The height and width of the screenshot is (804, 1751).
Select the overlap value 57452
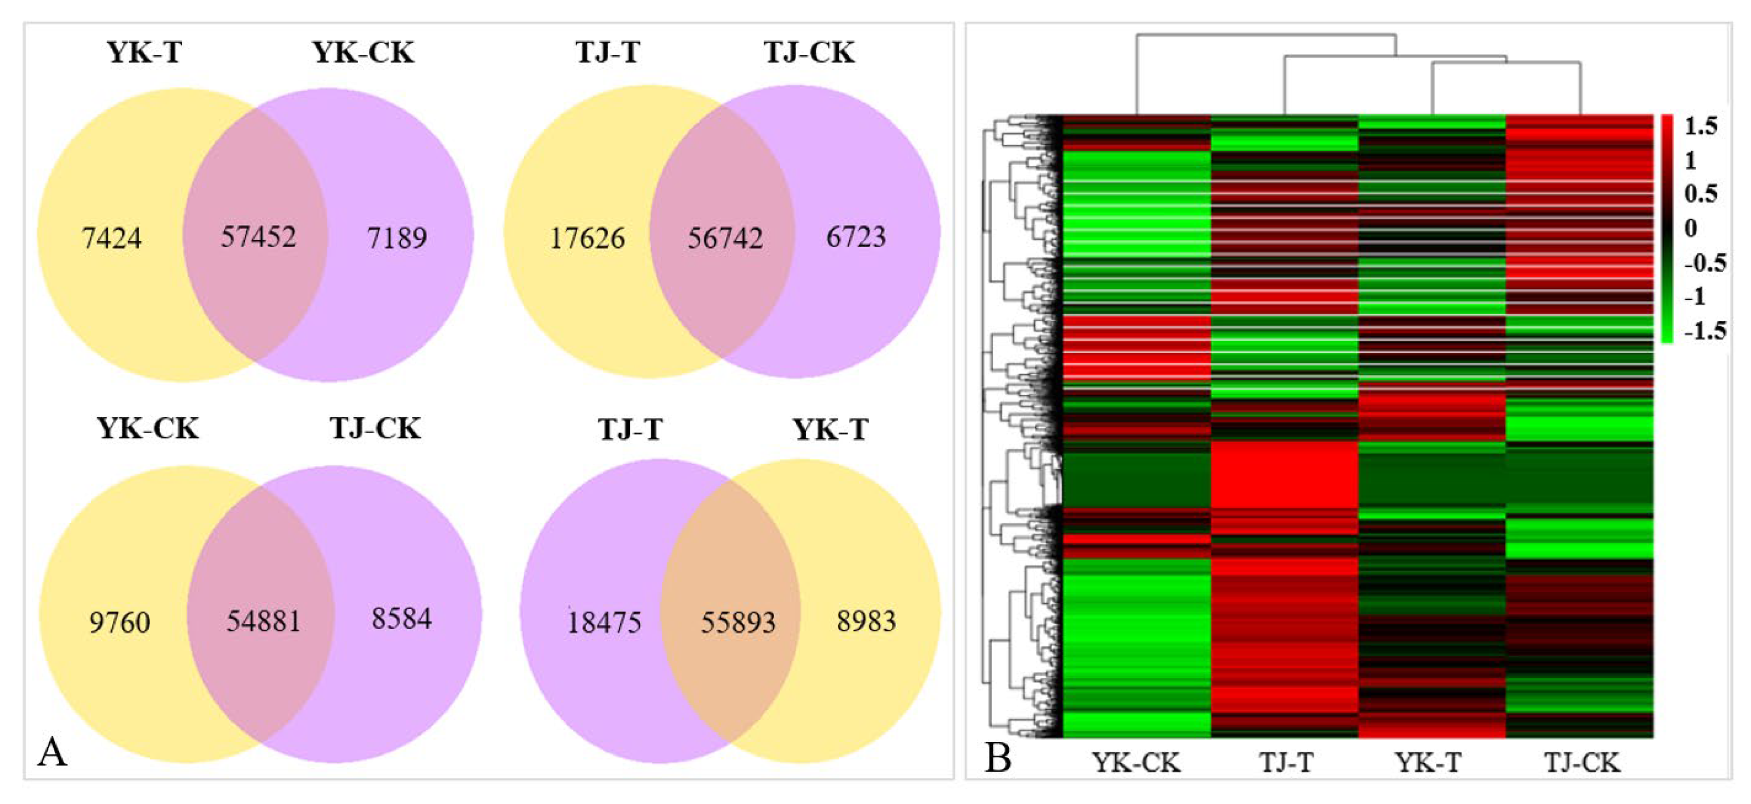[x=258, y=237]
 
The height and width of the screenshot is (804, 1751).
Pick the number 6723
[x=856, y=237]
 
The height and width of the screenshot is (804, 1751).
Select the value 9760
[x=120, y=622]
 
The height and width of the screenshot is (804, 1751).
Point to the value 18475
[x=604, y=622]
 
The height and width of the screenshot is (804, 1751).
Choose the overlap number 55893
[x=738, y=622]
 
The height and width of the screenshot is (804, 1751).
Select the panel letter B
[x=998, y=758]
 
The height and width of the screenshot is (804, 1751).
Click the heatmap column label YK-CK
[x=1136, y=762]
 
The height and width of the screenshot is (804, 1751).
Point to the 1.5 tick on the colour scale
[x=1701, y=126]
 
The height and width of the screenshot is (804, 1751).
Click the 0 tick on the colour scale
[x=1691, y=229]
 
